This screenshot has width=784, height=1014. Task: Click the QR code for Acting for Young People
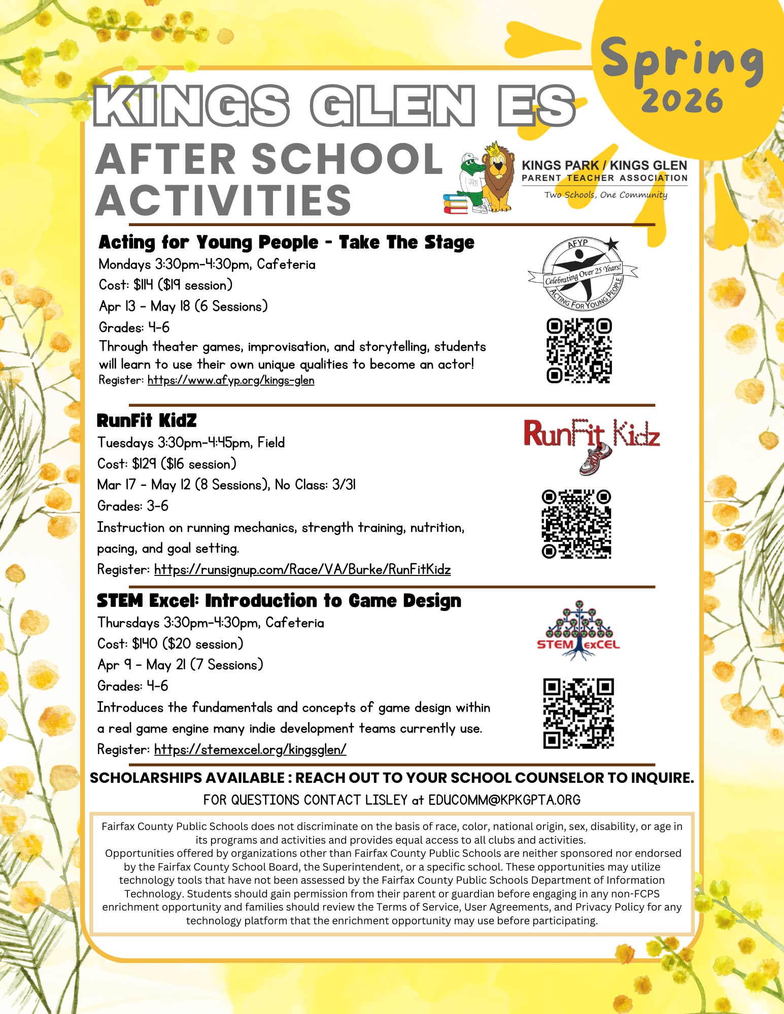578,350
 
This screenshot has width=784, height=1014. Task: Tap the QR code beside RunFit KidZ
576,524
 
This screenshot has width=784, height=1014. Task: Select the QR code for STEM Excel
578,713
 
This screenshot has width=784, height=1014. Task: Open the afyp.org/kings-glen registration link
231,380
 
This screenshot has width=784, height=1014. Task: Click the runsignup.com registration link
302,569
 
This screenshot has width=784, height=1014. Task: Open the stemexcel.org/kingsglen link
250,749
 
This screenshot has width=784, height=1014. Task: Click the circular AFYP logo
583,273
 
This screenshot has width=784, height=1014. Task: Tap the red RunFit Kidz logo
592,441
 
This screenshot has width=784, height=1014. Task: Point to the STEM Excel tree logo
578,630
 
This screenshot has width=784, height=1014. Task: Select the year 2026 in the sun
682,100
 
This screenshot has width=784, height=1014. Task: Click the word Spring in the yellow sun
682,61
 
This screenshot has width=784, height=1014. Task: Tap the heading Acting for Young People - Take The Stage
286,242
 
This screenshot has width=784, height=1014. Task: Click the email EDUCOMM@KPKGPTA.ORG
504,800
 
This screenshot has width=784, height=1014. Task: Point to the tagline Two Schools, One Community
605,195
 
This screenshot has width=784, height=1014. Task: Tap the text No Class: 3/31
315,485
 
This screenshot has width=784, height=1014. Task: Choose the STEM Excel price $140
145,644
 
